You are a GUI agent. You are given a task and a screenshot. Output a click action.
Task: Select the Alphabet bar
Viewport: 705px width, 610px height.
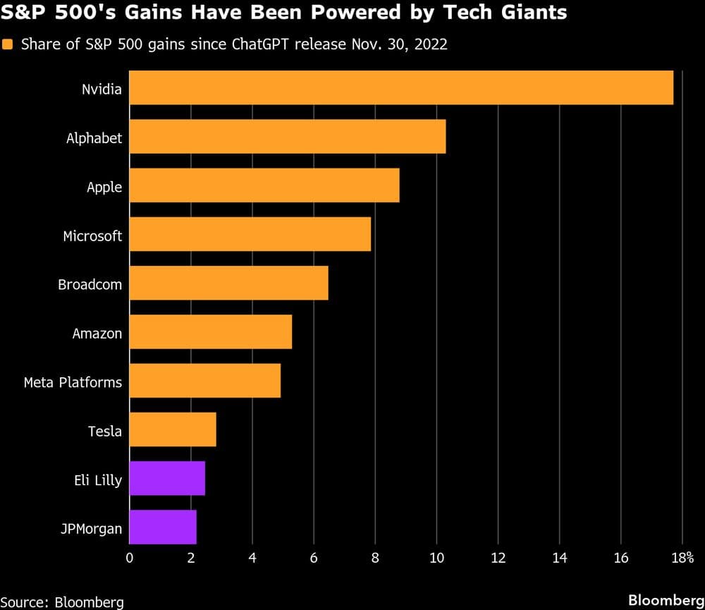287,137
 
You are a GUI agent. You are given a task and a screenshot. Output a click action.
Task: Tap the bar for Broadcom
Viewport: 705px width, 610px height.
228,283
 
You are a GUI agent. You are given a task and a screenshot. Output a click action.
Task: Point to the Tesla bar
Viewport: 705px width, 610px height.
173,430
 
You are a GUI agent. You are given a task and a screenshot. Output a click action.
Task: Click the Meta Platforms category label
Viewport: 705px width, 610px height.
73,382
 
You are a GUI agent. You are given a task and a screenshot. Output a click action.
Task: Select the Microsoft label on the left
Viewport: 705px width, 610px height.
92,236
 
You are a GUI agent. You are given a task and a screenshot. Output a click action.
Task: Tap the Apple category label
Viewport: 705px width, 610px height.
104,187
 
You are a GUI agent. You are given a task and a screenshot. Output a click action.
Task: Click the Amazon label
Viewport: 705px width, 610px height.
97,333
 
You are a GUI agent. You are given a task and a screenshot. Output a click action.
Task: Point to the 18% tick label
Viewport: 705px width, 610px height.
682,558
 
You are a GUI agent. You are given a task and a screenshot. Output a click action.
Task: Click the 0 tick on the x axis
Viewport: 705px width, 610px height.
129,558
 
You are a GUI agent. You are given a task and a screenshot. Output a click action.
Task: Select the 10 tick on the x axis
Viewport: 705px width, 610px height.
436,558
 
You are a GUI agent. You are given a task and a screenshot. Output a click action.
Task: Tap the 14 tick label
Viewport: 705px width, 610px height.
559,558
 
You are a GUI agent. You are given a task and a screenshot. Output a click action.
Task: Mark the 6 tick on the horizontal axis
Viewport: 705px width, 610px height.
314,558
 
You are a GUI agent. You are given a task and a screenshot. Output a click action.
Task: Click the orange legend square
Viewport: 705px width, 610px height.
8,45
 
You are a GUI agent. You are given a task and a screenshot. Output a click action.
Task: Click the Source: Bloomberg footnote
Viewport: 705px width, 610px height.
62,601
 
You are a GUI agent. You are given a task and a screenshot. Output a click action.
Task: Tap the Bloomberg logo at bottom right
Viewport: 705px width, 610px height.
665,599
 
